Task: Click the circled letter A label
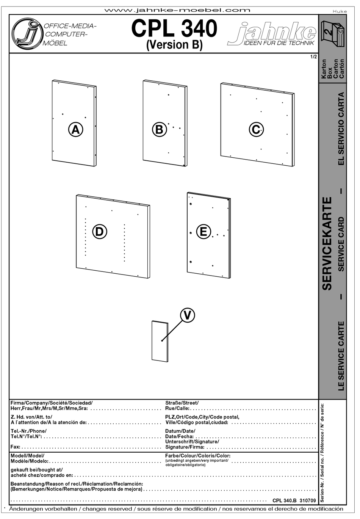pyautogui.click(x=76, y=130)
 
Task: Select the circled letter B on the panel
pyautogui.click(x=159, y=130)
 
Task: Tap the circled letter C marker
pyautogui.click(x=256, y=130)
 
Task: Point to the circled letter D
pyautogui.click(x=99, y=231)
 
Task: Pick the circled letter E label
pyautogui.click(x=203, y=231)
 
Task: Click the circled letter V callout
pyautogui.click(x=188, y=315)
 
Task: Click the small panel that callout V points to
pyautogui.click(x=160, y=341)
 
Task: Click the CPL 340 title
pyautogui.click(x=174, y=29)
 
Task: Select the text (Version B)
pyautogui.click(x=174, y=45)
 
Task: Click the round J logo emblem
pyautogui.click(x=25, y=34)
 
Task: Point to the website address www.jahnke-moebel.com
pyautogui.click(x=177, y=10)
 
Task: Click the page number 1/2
pyautogui.click(x=313, y=57)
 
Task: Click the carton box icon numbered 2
pyautogui.click(x=333, y=34)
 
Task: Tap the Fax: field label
pyautogui.click(x=16, y=447)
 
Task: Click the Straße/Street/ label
pyautogui.click(x=182, y=403)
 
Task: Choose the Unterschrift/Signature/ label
pyautogui.click(x=192, y=442)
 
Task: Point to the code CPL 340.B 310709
pyautogui.click(x=294, y=500)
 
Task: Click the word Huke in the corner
pyautogui.click(x=340, y=11)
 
